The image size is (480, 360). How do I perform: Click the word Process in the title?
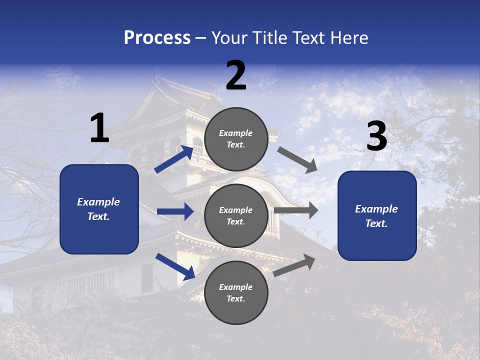point(157,38)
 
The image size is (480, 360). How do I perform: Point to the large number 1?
point(99,128)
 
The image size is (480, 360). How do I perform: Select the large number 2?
point(236,75)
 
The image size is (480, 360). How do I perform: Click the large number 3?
point(376,136)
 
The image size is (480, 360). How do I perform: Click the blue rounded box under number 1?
point(99,209)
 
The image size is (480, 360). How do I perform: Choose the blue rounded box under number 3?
point(377,216)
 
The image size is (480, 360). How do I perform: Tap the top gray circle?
point(236,139)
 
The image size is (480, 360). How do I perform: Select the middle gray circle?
point(236,215)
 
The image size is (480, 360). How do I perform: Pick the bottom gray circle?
point(236,292)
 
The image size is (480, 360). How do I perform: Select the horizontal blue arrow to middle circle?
point(175,211)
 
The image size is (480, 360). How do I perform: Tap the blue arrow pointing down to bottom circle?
point(175,266)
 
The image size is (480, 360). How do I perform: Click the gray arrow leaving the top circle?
point(298,160)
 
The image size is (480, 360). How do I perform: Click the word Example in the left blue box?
point(98,202)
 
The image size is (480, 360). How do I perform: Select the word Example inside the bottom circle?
point(236,287)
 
